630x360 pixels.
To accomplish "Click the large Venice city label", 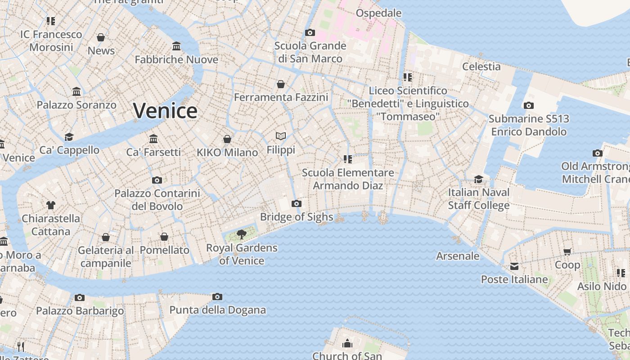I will click(165, 111).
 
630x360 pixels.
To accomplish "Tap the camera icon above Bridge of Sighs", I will click(296, 204).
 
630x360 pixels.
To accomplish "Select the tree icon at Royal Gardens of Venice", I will click(242, 234).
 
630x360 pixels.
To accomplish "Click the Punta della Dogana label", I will click(217, 310).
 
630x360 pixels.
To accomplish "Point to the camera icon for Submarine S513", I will click(529, 106).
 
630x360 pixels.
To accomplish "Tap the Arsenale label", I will click(458, 256).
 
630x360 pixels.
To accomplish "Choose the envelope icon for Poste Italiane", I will click(514, 266).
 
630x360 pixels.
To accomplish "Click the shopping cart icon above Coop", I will click(567, 252).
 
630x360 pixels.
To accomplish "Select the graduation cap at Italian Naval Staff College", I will click(478, 179).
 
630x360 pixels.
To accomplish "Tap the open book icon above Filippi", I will click(281, 136).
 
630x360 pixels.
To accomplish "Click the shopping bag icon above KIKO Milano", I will click(227, 139).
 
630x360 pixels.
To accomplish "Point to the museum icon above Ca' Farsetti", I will click(153, 139).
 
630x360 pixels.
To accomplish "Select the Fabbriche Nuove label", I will click(176, 59).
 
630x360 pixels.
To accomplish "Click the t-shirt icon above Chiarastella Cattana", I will click(51, 205).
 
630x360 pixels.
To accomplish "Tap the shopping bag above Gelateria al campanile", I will click(106, 237).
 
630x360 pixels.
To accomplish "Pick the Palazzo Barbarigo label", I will click(80, 311).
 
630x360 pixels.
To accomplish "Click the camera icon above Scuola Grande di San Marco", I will click(310, 32).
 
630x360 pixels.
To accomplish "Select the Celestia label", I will click(481, 67).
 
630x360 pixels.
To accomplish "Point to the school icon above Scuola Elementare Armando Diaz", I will click(347, 159).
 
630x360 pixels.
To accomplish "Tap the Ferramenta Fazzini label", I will click(281, 97).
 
